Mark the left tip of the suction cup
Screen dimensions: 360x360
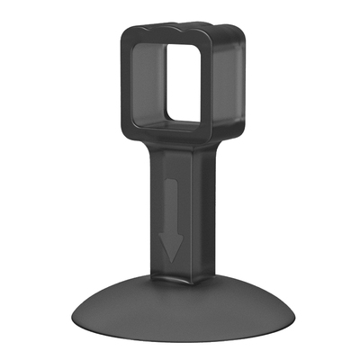click(x=71, y=320)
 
